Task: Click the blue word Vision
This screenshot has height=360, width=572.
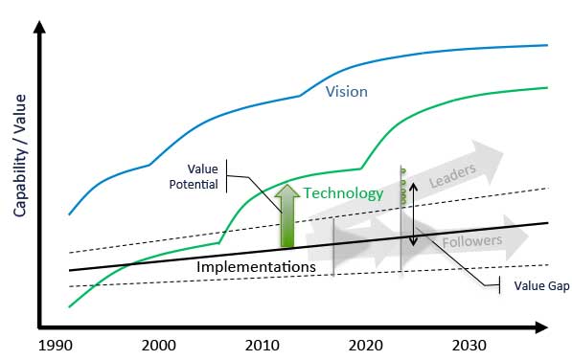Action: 346,93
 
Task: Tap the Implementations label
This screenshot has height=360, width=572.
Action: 256,266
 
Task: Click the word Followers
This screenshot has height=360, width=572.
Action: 471,241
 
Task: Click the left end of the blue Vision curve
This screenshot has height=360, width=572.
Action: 69,214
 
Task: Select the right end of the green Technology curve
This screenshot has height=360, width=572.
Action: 547,87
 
